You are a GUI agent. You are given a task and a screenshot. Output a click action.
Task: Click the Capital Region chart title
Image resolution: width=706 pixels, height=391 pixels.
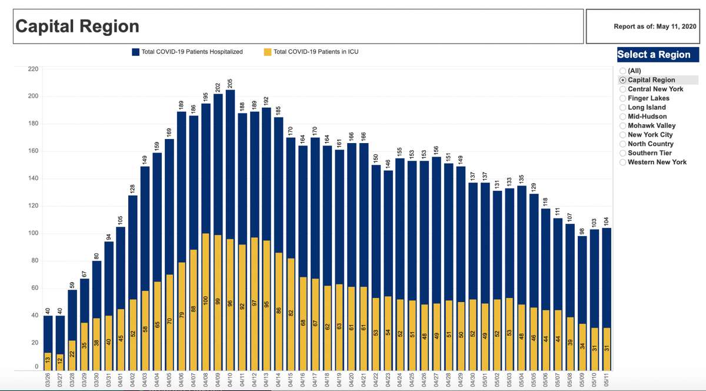(77, 26)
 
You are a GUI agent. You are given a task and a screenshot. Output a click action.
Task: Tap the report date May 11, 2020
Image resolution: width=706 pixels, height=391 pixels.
(654, 26)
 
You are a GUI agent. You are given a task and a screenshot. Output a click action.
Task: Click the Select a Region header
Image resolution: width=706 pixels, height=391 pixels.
(654, 55)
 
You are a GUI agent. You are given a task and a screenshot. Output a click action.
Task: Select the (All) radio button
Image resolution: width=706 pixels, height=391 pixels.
(623, 71)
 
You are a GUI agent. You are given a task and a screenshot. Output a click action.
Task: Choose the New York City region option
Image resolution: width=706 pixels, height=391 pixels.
(623, 135)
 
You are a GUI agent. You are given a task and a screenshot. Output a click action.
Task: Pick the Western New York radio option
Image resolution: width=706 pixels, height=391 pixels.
(623, 162)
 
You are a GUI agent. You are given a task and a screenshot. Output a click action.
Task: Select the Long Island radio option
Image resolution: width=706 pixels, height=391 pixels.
(623, 107)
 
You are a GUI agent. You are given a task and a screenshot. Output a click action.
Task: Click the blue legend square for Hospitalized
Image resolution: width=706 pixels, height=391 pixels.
(136, 52)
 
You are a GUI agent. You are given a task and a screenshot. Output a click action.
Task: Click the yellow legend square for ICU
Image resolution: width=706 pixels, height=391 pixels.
(268, 52)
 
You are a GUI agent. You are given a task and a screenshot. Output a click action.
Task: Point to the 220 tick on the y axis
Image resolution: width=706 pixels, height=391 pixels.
(34, 69)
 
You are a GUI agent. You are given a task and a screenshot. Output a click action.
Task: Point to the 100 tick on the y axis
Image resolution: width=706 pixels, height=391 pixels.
(34, 233)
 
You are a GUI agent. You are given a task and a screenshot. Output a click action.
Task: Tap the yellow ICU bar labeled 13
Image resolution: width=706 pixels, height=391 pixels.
(48, 361)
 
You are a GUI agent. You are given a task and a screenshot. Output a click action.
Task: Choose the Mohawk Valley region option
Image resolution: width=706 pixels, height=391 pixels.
(623, 125)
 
